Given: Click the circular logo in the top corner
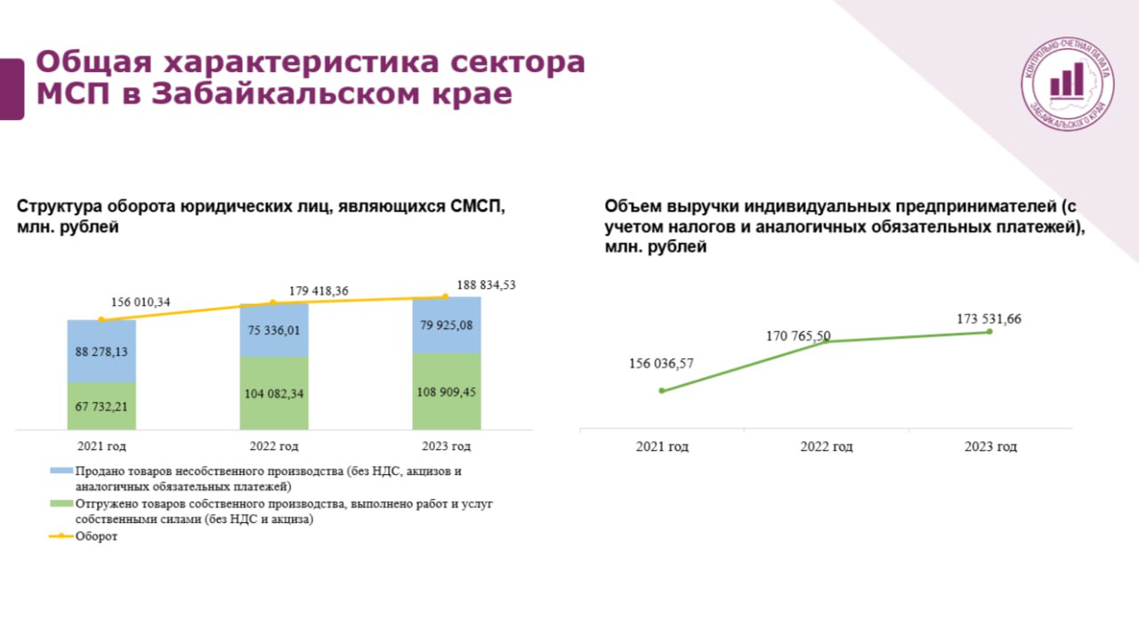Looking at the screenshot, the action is point(1068,84).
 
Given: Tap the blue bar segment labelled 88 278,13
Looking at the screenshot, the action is point(101,351).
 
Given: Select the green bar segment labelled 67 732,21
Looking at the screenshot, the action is point(101,405).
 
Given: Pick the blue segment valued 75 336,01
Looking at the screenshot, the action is point(274,330).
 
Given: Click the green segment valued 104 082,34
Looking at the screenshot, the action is point(274,393).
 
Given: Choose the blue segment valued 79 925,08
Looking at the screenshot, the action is point(447,325).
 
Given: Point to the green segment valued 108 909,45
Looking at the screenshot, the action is point(447,391).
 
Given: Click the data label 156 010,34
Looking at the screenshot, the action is point(141,302).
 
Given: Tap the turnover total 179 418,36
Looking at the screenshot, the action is point(319,291).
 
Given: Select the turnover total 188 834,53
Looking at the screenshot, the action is point(486,285).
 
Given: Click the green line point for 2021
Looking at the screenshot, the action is point(661,390).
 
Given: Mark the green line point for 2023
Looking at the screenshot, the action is point(990,332).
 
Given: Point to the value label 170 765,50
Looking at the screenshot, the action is point(798,336).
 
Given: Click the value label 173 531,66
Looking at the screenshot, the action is point(989,319).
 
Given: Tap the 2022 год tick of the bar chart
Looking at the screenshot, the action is point(274,446).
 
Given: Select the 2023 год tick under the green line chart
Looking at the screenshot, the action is point(991,446).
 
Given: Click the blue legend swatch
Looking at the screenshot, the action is point(61,470).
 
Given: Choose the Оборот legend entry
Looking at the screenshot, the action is point(84,536).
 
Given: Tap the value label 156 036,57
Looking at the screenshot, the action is point(661,364).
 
